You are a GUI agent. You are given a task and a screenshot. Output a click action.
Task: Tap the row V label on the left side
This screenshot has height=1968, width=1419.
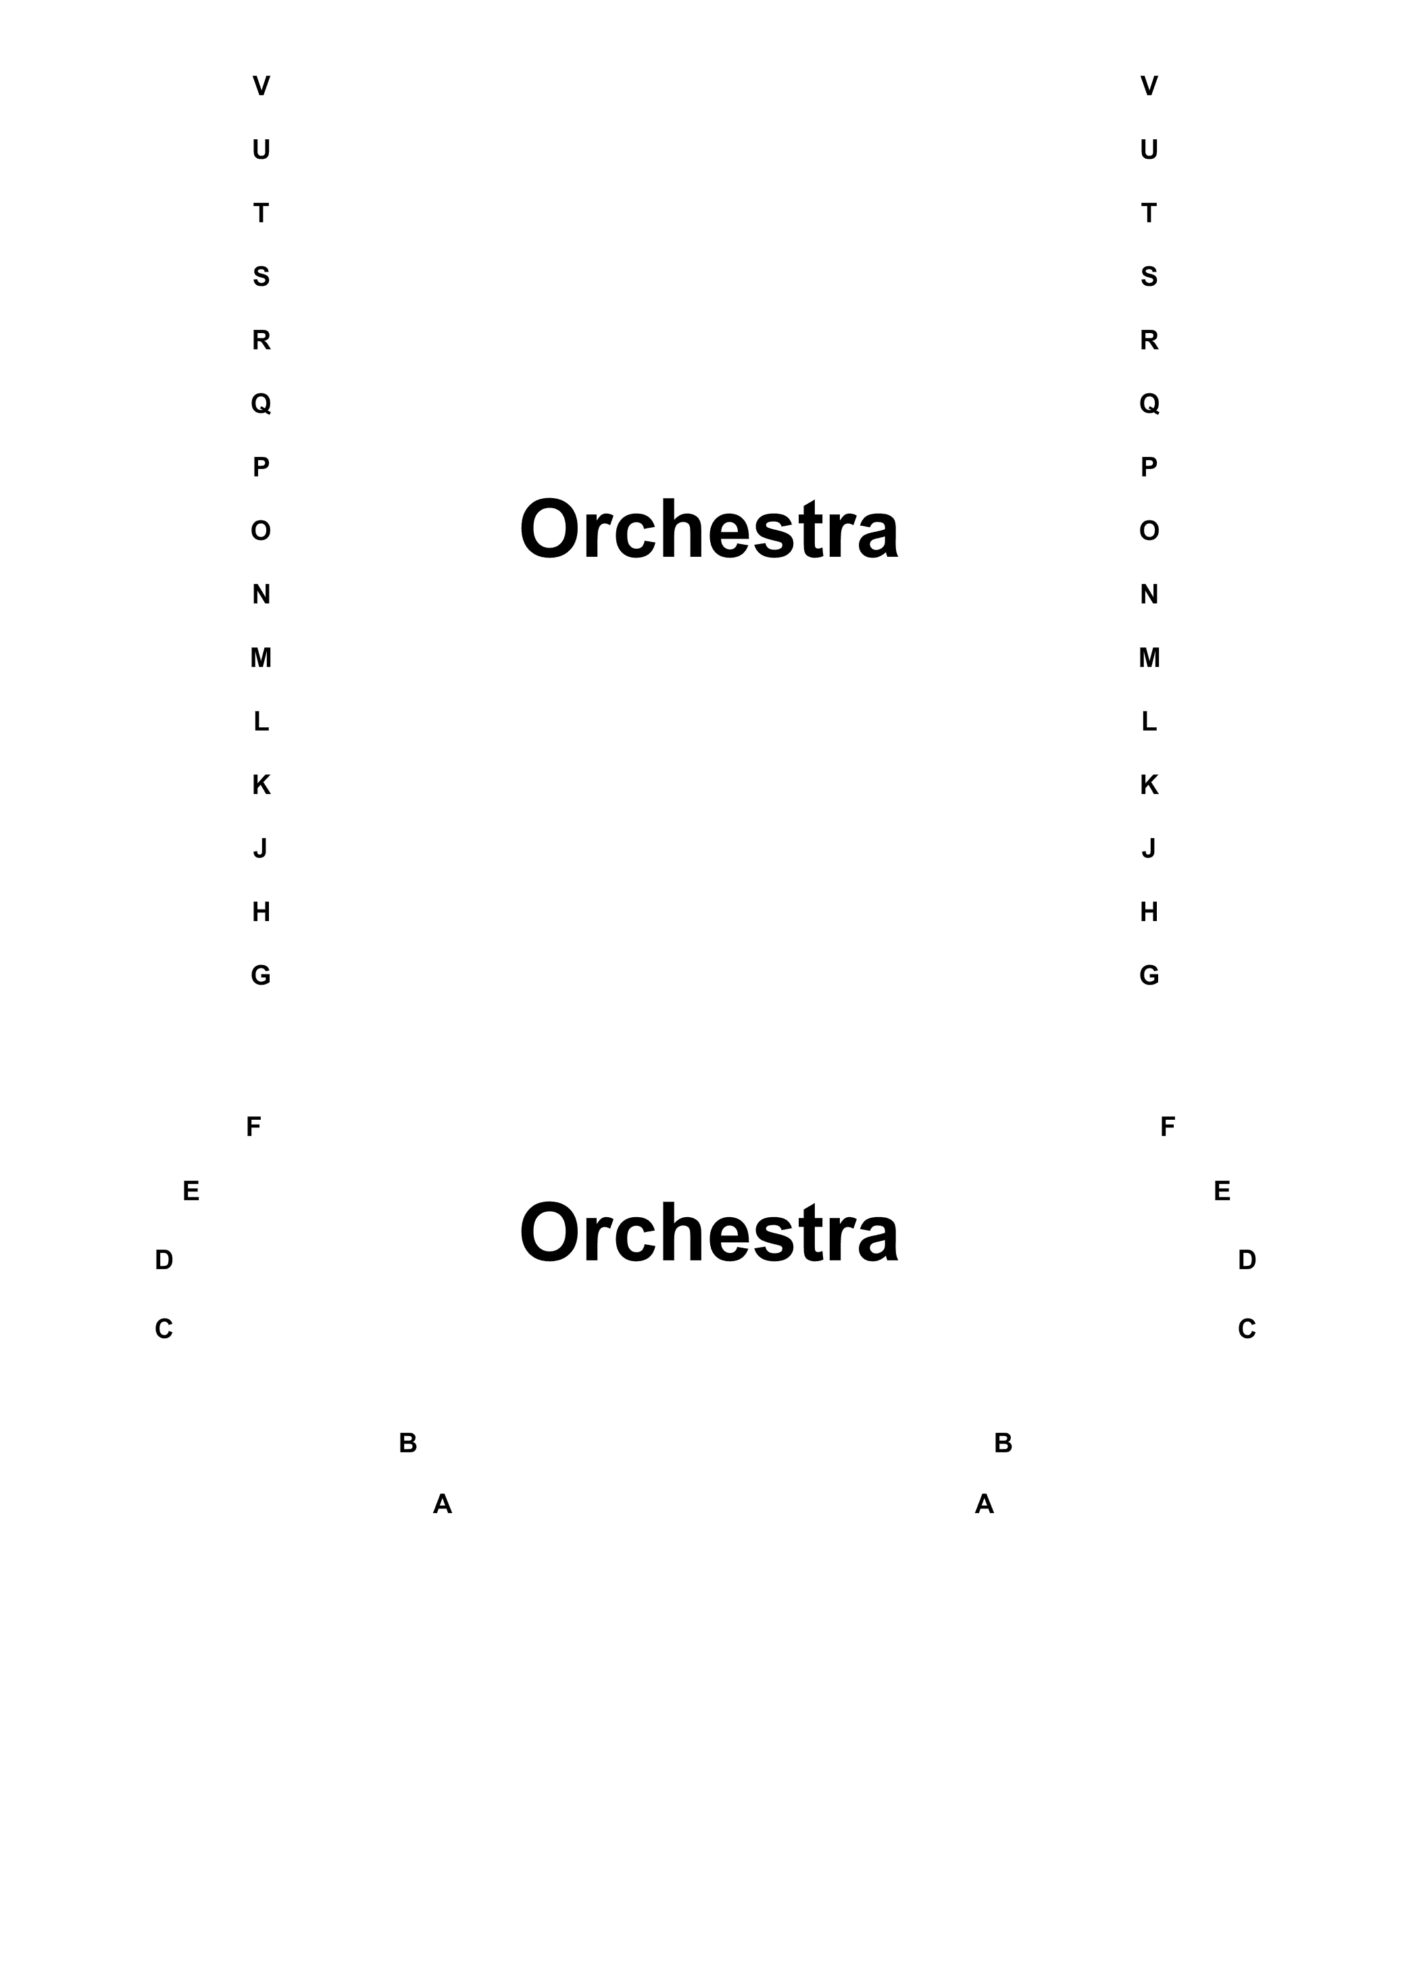pyautogui.click(x=261, y=86)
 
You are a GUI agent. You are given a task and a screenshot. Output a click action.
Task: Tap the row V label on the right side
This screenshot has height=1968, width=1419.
pyautogui.click(x=1149, y=86)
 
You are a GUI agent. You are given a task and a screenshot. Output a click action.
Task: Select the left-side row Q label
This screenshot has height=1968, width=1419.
pyautogui.click(x=261, y=403)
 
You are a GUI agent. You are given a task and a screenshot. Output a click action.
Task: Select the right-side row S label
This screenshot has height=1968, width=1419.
pyautogui.click(x=1149, y=277)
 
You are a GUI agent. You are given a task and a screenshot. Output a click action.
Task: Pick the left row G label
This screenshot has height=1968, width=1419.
pyautogui.click(x=261, y=975)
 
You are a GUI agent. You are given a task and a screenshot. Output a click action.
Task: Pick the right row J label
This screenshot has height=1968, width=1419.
pyautogui.click(x=1149, y=849)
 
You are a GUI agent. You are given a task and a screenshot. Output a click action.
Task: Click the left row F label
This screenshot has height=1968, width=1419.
pyautogui.click(x=253, y=1127)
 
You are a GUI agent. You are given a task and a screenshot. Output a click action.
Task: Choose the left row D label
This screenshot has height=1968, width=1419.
pyautogui.click(x=164, y=1260)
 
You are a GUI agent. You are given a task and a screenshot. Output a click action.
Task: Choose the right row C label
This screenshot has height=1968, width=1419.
pyautogui.click(x=1247, y=1329)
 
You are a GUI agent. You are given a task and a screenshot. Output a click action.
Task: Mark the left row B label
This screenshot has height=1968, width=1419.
pyautogui.click(x=407, y=1443)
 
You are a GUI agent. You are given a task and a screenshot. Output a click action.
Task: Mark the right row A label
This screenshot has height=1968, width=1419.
pyautogui.click(x=985, y=1504)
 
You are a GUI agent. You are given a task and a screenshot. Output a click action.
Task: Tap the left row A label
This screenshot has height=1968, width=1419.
pyautogui.click(x=443, y=1504)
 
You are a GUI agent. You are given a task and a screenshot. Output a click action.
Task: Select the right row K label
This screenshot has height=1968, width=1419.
pyautogui.click(x=1149, y=785)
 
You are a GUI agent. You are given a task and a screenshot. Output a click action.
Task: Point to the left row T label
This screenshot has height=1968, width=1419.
pyautogui.click(x=261, y=214)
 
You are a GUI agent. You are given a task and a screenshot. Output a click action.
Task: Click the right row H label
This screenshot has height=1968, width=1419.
pyautogui.click(x=1149, y=912)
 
